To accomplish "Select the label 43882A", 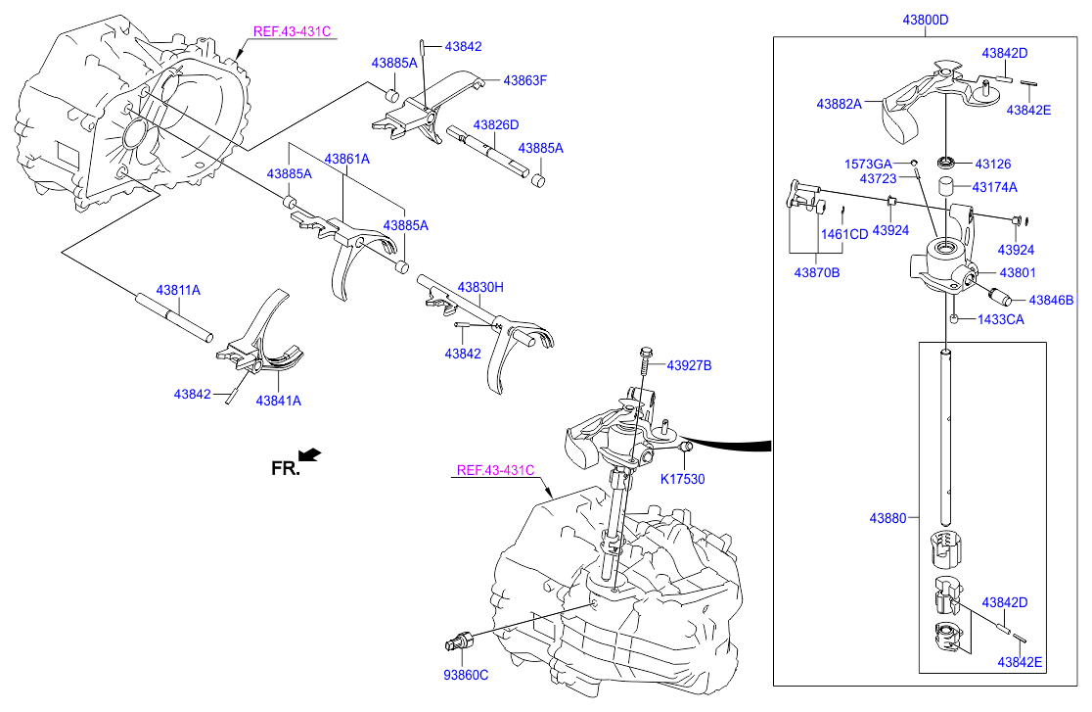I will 839,103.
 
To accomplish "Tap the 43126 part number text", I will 992,164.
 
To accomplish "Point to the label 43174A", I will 995,186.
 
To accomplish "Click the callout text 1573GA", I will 868,164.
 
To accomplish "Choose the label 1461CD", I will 844,234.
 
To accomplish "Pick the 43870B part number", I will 816,272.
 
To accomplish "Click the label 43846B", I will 1050,301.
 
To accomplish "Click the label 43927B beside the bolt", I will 690,365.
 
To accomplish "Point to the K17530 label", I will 682,479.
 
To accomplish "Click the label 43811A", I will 177,291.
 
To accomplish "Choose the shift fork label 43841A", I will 279,400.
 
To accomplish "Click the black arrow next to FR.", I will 310,453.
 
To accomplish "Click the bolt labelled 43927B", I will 645,367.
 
